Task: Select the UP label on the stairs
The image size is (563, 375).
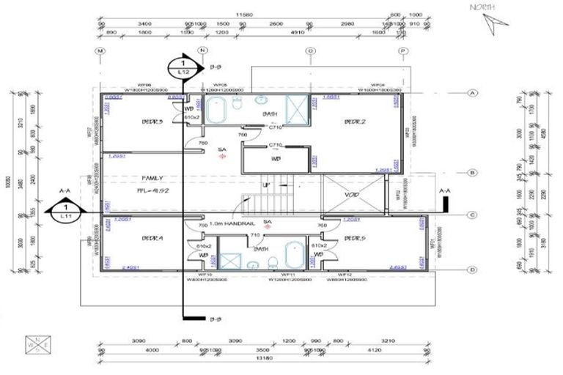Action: click(x=266, y=185)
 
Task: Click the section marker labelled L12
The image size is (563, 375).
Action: click(x=183, y=68)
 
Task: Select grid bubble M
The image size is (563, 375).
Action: click(x=100, y=51)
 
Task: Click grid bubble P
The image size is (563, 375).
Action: click(x=402, y=51)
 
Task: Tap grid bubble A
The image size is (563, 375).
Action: click(x=473, y=93)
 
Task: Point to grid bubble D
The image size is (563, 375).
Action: click(x=473, y=270)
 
